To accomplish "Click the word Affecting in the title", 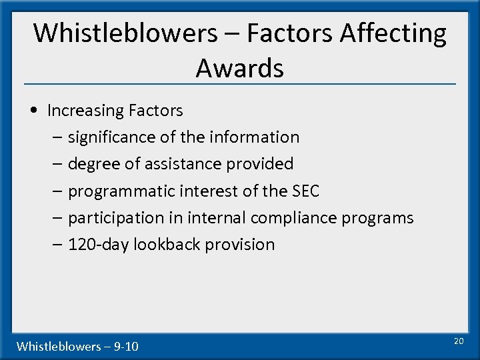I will pos(393,33).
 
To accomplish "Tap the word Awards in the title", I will pos(240,68).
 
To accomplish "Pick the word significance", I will pos(113,137).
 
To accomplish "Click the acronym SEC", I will pos(305,191).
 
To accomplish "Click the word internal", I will pos(213,218).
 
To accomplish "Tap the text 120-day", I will pos(98,245).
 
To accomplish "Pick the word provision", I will pos(239,245).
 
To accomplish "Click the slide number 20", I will pos(458,341).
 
